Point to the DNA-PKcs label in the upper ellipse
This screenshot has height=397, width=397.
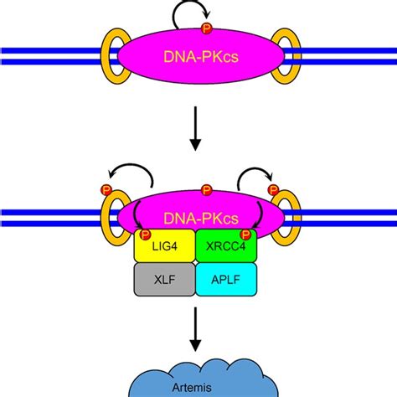pyautogui.click(x=199, y=59)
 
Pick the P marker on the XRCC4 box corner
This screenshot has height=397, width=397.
pyautogui.click(x=245, y=234)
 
